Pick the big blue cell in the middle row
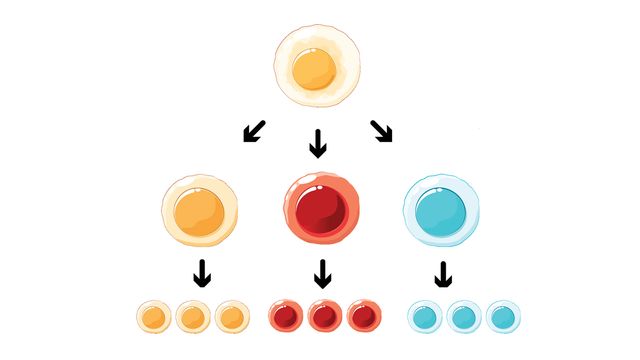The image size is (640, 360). [x=441, y=211]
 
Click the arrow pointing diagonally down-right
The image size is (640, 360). [x=382, y=129]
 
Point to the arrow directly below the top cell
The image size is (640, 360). [x=318, y=145]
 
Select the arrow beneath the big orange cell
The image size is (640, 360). [x=202, y=273]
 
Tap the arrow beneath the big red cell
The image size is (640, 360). [x=322, y=273]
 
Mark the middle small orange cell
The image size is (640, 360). [x=193, y=317]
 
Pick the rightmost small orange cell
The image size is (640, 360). [x=232, y=317]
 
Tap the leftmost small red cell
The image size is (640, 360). [x=285, y=317]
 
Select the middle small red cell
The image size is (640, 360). [x=323, y=317]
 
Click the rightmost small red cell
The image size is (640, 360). [x=362, y=317]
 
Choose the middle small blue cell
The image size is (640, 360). [x=463, y=317]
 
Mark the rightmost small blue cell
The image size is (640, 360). [x=502, y=317]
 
